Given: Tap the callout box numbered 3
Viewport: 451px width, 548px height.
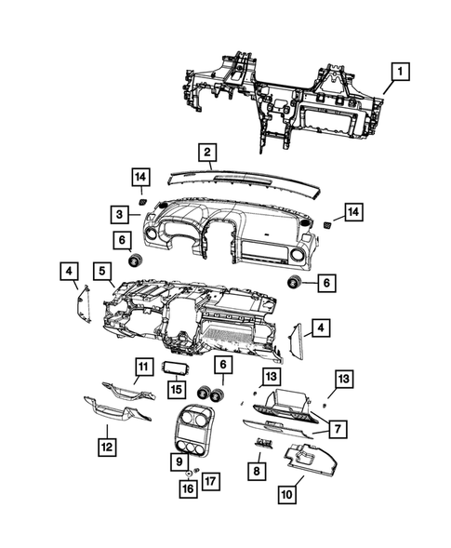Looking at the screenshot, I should [x=121, y=214].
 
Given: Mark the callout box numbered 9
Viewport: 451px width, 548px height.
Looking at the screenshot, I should [x=178, y=460].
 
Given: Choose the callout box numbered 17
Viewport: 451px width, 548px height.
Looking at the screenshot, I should [x=210, y=482].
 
